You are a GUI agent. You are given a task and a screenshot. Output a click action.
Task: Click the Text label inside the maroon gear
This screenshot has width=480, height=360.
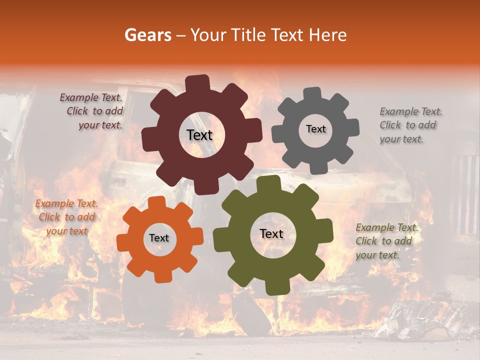tap(199, 135)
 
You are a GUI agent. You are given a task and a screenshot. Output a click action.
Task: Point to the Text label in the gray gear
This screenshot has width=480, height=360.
tap(315, 129)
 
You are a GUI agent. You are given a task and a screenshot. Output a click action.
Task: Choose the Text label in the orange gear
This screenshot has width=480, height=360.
tap(159, 238)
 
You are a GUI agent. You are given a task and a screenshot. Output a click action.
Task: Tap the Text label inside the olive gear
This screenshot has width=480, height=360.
tap(271, 234)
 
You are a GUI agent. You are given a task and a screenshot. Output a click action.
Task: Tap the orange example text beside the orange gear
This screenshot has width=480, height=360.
tap(66, 217)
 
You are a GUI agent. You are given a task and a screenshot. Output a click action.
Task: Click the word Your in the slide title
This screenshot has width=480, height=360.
tap(206, 35)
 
